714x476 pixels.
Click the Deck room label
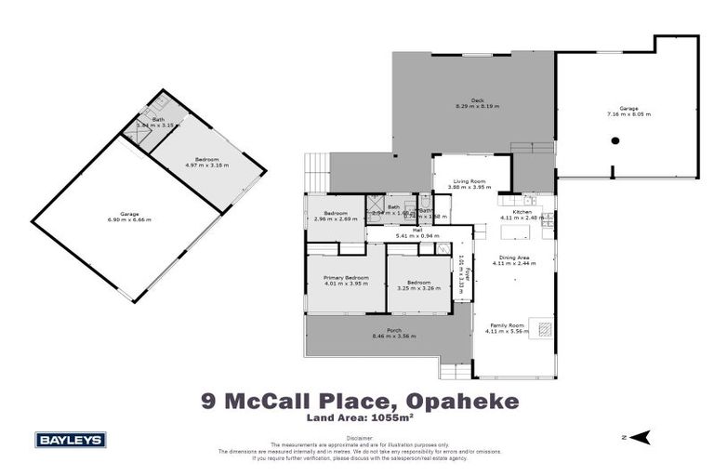pos(477,99)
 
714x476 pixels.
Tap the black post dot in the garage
pos(615,140)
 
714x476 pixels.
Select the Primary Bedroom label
pos(346,277)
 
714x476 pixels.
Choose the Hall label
pos(404,229)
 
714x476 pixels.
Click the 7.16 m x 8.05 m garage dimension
pos(629,114)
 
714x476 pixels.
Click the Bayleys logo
pos(71,440)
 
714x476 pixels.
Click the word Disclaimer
pos(358,437)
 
